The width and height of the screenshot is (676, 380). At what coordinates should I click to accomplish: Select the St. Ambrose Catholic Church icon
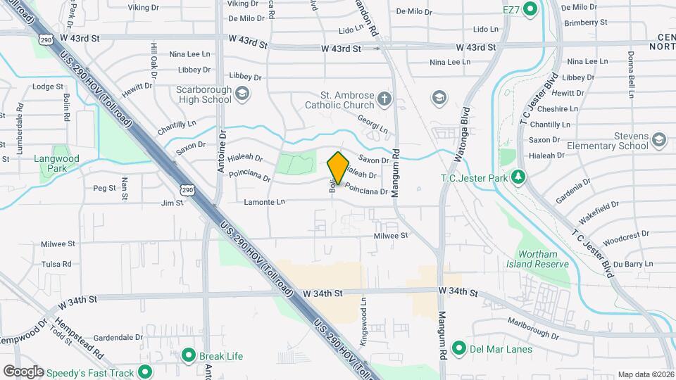click(384, 98)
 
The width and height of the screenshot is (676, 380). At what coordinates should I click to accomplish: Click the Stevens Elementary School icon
click(659, 139)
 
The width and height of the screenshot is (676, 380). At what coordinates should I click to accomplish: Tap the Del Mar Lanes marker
click(459, 348)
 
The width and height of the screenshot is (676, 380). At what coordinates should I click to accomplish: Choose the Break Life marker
click(189, 355)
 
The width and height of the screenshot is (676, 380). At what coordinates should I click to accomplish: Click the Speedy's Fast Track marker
click(146, 372)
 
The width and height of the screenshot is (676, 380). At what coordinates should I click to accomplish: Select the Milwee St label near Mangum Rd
click(391, 236)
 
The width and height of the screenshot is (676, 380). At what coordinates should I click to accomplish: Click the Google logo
click(23, 372)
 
